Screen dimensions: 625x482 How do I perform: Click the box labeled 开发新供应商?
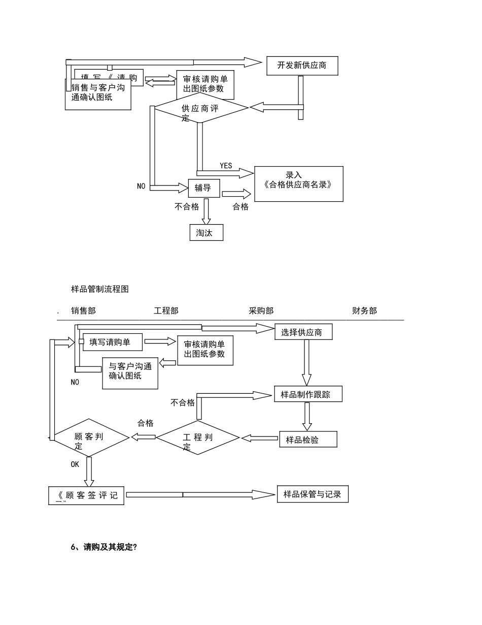click(x=302, y=66)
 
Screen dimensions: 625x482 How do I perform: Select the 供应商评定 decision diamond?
click(x=201, y=108)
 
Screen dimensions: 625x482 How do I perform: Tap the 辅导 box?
click(x=203, y=188)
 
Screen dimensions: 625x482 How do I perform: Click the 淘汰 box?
click(x=206, y=232)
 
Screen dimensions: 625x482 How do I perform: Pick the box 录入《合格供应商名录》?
click(x=298, y=183)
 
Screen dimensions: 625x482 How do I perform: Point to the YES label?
click(x=226, y=166)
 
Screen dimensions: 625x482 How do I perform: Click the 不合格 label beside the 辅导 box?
click(x=187, y=206)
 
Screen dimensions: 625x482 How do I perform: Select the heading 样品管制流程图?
click(x=100, y=289)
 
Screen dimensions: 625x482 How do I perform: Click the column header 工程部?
click(x=166, y=311)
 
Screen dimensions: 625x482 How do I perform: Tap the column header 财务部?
click(x=364, y=311)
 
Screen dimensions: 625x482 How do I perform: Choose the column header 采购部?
click(x=261, y=311)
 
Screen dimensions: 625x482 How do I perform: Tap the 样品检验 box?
click(x=308, y=440)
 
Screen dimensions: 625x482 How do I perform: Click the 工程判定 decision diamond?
click(x=197, y=438)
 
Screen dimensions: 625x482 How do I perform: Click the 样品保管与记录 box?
click(x=313, y=494)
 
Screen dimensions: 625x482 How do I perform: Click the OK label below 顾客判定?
click(x=75, y=464)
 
